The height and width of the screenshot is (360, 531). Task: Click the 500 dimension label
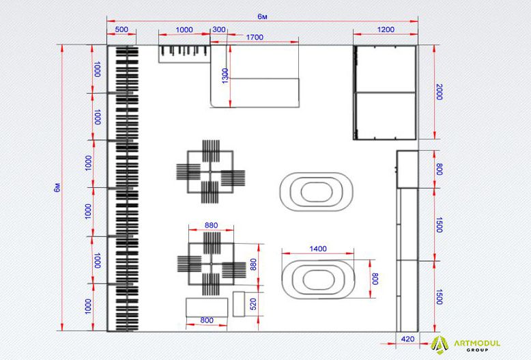[121, 29]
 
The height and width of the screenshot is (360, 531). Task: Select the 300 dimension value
[219, 29]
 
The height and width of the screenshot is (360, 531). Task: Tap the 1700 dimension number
[255, 38]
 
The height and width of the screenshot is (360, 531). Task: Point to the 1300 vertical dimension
[225, 76]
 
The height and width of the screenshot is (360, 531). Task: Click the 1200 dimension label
[386, 29]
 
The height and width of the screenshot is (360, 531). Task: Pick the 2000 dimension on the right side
[439, 92]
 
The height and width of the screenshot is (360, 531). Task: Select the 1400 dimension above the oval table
[318, 249]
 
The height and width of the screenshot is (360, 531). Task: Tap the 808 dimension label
[375, 279]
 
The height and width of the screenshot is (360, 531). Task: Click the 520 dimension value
[253, 305]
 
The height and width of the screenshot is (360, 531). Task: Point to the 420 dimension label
[407, 339]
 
